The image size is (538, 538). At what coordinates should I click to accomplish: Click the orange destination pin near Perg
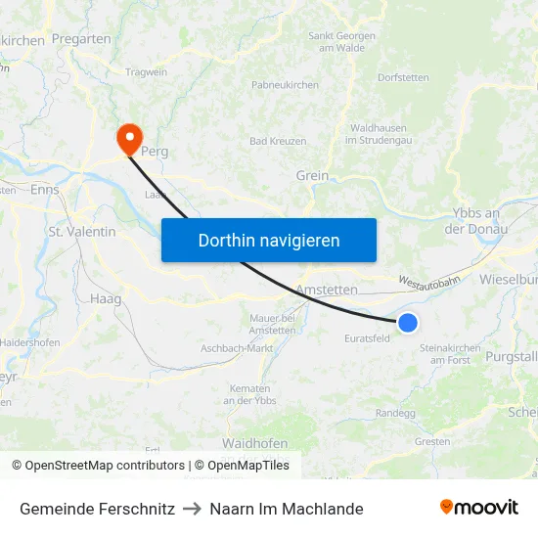[x=128, y=138]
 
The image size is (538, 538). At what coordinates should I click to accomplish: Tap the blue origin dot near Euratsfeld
[x=408, y=323]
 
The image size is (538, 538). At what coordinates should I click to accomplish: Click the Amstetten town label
[x=327, y=291]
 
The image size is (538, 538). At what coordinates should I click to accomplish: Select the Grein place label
[x=311, y=176]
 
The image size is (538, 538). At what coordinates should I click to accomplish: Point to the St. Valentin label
[x=82, y=232]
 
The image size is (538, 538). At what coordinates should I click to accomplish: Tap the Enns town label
[x=45, y=190]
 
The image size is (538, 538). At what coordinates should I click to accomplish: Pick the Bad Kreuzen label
[x=278, y=141]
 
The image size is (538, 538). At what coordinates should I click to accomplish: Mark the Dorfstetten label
[x=403, y=76]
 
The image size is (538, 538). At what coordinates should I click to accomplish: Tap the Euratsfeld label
[x=367, y=339]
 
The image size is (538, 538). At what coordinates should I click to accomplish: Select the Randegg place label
[x=395, y=413]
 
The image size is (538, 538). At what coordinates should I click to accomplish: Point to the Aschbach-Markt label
[x=236, y=348]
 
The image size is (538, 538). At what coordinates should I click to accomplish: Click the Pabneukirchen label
[x=285, y=85]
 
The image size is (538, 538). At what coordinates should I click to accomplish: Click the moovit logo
[x=478, y=508]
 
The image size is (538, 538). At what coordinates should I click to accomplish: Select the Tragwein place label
[x=147, y=71]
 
